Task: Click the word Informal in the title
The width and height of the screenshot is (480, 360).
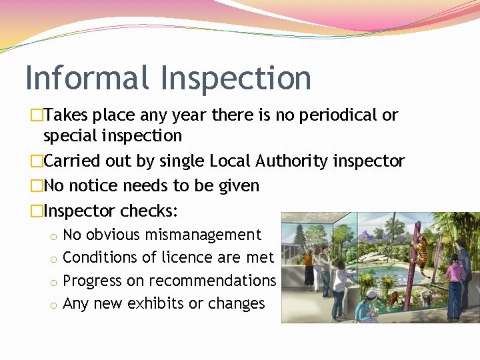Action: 87,77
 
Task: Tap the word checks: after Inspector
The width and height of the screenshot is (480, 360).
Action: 149,211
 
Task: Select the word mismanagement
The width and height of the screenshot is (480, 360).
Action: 212,235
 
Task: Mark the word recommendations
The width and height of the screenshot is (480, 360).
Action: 212,281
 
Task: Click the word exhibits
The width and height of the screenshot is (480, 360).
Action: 153,303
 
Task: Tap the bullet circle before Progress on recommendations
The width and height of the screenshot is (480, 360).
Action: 53,282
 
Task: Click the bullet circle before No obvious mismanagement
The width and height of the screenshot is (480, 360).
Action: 53,236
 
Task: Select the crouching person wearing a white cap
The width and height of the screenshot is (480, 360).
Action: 371,303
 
